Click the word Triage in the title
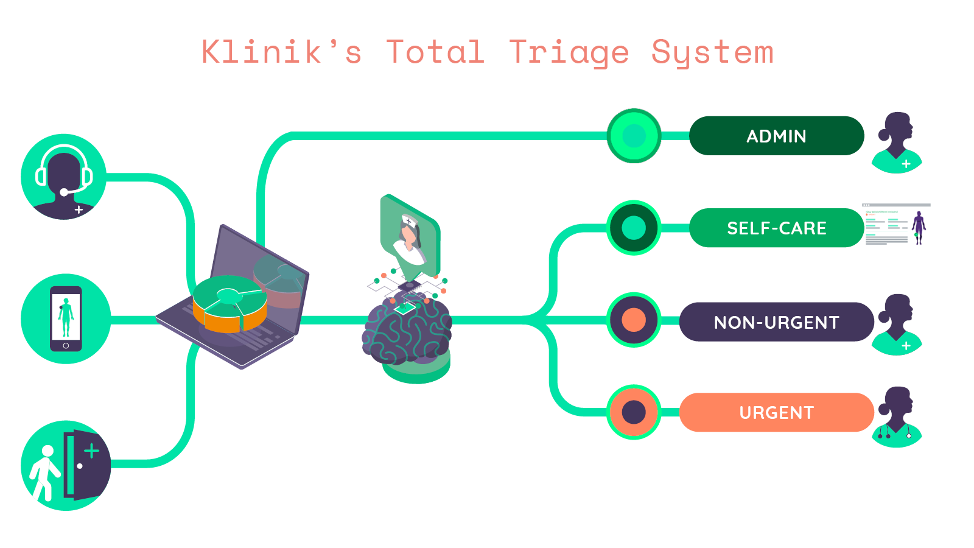click(569, 52)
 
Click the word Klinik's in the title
click(281, 52)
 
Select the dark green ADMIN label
click(776, 136)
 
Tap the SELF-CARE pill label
click(776, 228)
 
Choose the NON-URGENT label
click(776, 321)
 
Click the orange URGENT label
click(776, 412)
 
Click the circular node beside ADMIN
click(634, 136)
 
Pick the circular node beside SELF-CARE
click(634, 228)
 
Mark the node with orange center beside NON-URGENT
click(634, 320)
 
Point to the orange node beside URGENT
click(634, 412)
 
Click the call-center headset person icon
click(64, 177)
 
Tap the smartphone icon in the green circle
click(66, 318)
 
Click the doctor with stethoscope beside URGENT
click(897, 417)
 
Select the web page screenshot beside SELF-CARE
click(896, 224)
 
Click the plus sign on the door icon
click(91, 451)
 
